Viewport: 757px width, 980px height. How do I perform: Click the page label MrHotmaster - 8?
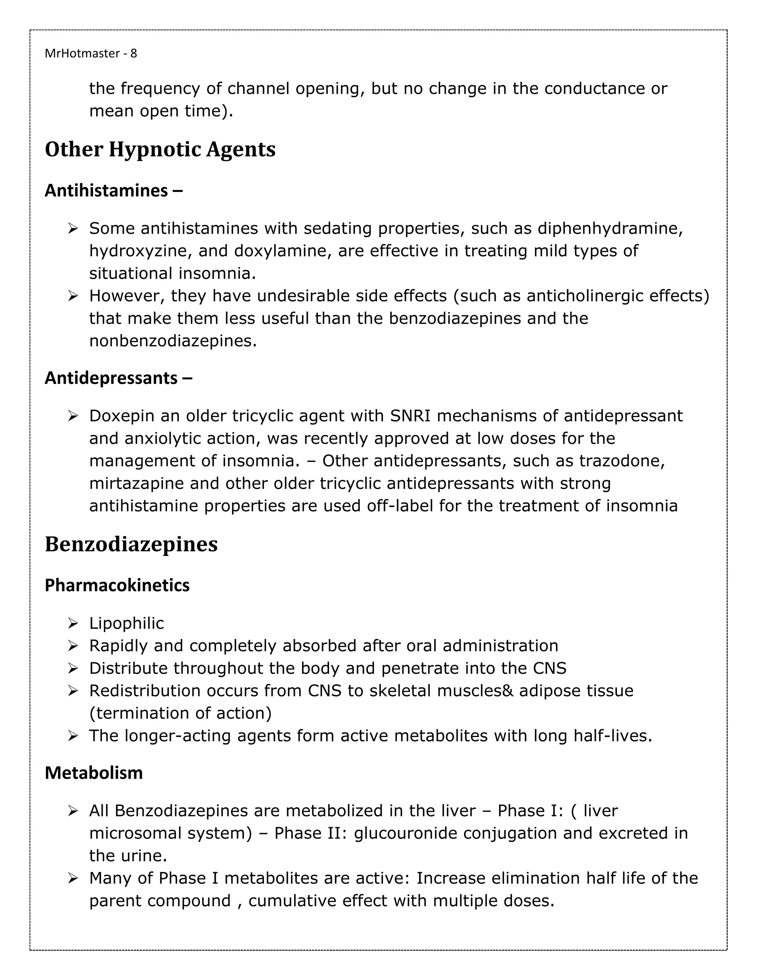click(91, 53)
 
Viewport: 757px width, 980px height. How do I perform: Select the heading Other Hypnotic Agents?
click(160, 149)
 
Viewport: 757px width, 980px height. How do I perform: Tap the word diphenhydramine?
click(610, 229)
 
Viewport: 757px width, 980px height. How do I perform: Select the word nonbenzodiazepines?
click(173, 341)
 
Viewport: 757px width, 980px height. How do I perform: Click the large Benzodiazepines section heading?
click(131, 544)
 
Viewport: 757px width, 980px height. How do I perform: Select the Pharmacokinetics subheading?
click(117, 585)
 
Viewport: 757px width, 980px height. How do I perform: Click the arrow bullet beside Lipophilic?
click(73, 623)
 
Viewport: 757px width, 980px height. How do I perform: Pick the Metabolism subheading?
click(94, 773)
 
